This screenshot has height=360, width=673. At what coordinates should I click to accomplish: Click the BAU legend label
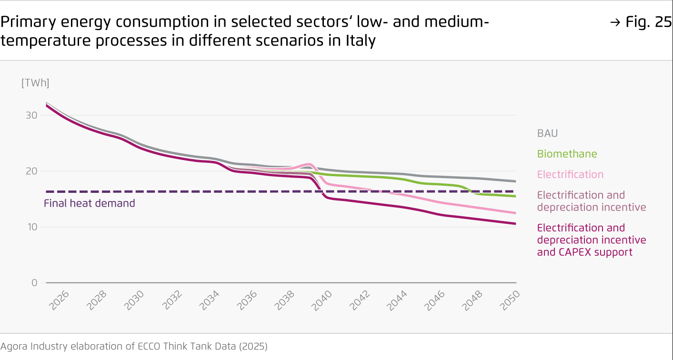547,133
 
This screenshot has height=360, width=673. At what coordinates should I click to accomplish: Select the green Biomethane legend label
567,154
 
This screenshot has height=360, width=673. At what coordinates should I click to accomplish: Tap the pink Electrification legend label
570,174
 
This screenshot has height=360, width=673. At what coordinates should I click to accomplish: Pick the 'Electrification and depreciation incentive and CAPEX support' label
592,240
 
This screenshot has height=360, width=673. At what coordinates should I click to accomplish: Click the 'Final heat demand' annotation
90,203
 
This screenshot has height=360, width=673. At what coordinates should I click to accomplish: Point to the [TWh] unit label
35,83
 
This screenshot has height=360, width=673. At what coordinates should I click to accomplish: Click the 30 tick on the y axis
31,115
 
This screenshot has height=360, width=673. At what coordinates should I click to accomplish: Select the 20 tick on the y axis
31,171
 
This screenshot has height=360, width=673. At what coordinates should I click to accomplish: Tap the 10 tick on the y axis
31,227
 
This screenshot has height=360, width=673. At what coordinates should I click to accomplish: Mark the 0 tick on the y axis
34,282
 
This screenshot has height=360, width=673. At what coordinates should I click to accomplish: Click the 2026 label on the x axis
59,301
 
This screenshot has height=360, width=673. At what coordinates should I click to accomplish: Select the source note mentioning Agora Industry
134,346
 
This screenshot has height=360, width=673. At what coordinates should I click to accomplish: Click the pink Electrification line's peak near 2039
309,164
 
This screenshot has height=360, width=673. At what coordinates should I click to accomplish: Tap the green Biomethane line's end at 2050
515,196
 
